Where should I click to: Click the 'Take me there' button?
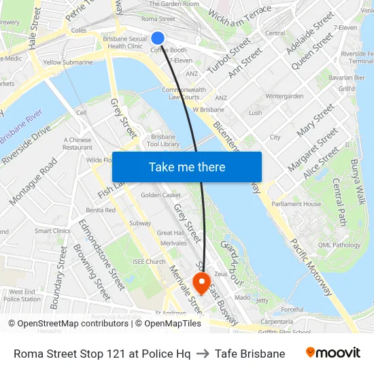(x=187, y=167)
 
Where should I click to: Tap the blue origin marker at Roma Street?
(x=158, y=38)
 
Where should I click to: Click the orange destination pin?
(x=202, y=282)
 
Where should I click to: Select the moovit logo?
(x=333, y=353)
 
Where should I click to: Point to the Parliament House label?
(x=296, y=204)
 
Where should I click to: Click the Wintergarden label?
(x=284, y=97)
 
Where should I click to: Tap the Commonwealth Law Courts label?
(x=180, y=93)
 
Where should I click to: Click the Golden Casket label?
(x=160, y=195)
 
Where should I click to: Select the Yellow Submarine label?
(x=68, y=63)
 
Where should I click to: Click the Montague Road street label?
(x=34, y=182)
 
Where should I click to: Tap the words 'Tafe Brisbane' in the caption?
(x=250, y=354)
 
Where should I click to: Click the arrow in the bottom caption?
(x=203, y=354)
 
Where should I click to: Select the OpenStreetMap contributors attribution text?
(x=70, y=324)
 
